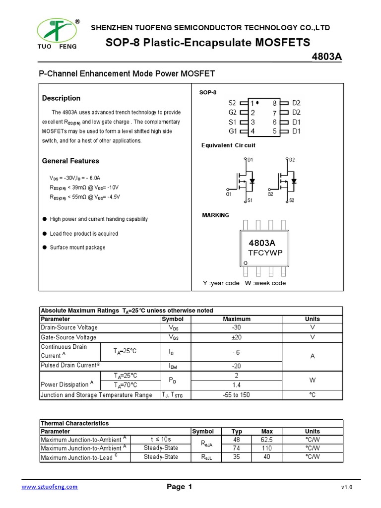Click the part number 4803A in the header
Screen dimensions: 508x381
[x=326, y=57]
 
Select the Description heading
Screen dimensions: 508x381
[x=61, y=98]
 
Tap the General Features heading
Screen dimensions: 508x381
[x=70, y=161]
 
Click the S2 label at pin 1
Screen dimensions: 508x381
[x=233, y=103]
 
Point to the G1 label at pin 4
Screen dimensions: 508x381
[x=233, y=131]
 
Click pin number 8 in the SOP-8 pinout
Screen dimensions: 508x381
[x=274, y=103]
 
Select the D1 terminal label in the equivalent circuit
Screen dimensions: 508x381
[x=250, y=160]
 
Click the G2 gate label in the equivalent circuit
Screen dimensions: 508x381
[x=270, y=194]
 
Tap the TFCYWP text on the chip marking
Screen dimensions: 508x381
[x=265, y=253]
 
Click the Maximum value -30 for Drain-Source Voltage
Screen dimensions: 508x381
[x=236, y=327]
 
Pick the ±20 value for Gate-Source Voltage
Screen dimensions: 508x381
[x=236, y=337]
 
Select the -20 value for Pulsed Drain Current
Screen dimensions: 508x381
[x=236, y=366]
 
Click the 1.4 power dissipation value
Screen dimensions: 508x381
[x=236, y=385]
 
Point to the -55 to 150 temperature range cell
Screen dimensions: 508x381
[x=236, y=395]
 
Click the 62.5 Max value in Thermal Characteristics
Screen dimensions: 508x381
[x=267, y=440]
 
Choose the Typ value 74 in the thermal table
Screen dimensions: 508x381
[x=237, y=448]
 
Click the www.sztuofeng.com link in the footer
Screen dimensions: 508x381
[x=50, y=487]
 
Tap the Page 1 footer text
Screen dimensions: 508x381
[x=179, y=487]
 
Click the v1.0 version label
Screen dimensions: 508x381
[x=346, y=487]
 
